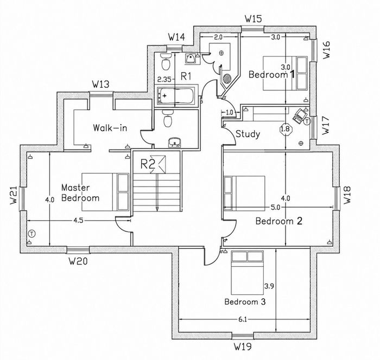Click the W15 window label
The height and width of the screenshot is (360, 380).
[254, 18]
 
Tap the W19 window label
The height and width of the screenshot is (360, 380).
[243, 346]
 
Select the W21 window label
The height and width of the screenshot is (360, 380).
[14, 195]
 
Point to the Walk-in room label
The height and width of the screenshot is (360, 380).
[110, 127]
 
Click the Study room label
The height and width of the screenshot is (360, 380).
[248, 134]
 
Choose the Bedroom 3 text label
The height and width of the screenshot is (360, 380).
[245, 301]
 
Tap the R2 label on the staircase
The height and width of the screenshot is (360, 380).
[148, 164]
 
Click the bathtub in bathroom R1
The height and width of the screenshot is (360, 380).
[176, 95]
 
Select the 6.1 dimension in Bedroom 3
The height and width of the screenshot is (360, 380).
[242, 319]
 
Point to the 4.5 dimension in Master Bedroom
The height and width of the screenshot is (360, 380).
[78, 220]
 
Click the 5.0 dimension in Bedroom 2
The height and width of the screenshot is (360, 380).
[275, 207]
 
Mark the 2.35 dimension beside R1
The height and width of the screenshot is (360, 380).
[164, 79]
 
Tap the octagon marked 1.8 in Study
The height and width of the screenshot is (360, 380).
[286, 129]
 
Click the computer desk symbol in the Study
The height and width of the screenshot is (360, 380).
[300, 115]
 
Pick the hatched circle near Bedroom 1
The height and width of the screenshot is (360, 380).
[227, 79]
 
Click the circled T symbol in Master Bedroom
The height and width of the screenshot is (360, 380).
[31, 234]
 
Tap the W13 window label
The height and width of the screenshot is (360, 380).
[100, 84]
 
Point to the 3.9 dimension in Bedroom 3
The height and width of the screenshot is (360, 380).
[269, 286]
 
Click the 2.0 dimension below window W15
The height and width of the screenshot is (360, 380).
[218, 37]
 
